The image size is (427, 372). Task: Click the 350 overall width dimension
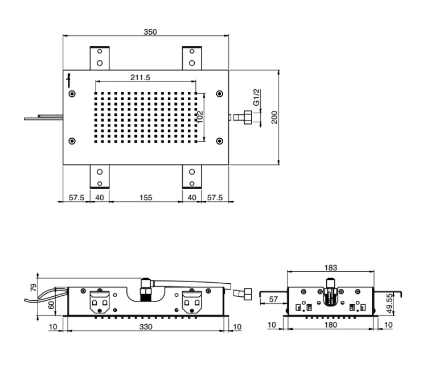150,32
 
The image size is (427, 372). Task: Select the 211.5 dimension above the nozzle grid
140,77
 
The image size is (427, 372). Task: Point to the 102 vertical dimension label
200,117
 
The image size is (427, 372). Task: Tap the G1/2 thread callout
256,97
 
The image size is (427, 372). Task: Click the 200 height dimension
274,117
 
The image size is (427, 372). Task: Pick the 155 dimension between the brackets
146,197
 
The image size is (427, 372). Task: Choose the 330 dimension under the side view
146,326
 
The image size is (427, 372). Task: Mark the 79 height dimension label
34,287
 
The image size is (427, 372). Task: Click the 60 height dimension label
51,305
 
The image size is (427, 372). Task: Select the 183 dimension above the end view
331,268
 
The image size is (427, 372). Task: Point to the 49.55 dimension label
389,303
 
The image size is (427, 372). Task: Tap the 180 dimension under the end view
331,325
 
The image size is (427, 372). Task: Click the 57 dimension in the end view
273,299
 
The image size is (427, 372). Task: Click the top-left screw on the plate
72,94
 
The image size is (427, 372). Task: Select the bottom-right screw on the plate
220,141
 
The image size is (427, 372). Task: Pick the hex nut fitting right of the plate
248,117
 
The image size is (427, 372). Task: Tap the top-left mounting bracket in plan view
100,58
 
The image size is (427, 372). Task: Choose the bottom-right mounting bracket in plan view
192,176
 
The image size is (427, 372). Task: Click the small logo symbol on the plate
69,81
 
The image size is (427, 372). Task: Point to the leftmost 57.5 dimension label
76,197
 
